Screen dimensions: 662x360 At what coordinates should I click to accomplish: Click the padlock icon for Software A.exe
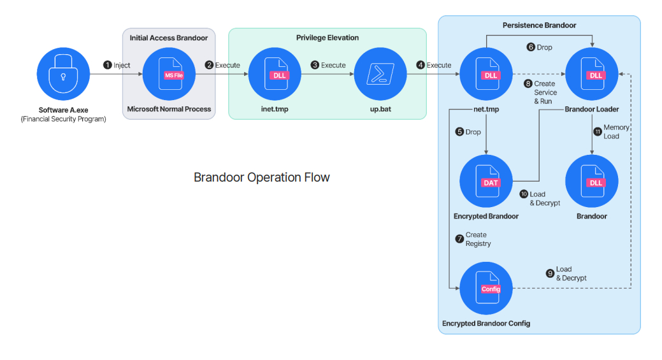pyautogui.click(x=63, y=74)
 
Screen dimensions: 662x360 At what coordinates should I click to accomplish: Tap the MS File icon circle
pyautogui.click(x=169, y=74)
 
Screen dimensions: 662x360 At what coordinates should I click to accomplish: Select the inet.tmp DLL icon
pyautogui.click(x=275, y=74)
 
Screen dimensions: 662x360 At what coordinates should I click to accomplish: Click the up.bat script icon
pyautogui.click(x=380, y=74)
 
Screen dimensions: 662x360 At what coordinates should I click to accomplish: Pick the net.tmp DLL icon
pyautogui.click(x=486, y=74)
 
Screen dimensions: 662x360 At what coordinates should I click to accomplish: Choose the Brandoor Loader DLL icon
pyautogui.click(x=591, y=74)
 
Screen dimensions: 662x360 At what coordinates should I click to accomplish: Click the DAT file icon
pyautogui.click(x=486, y=181)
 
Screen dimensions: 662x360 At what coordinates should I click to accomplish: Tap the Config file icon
pyautogui.click(x=486, y=288)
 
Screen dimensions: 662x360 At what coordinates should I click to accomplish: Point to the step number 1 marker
pyautogui.click(x=107, y=65)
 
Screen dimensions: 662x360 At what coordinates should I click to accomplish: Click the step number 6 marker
pyautogui.click(x=531, y=47)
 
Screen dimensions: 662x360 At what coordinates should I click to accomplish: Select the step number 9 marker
pyautogui.click(x=550, y=273)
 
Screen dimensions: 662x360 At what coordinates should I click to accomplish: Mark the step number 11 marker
pyautogui.click(x=598, y=132)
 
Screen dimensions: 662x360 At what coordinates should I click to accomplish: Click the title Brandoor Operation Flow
pyautogui.click(x=262, y=177)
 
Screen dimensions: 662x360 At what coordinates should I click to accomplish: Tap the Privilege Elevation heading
pyautogui.click(x=327, y=38)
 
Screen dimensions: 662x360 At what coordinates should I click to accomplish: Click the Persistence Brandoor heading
pyautogui.click(x=539, y=25)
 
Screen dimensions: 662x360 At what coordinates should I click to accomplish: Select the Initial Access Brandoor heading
pyautogui.click(x=169, y=38)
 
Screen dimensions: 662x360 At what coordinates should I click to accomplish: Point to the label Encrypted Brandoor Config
pyautogui.click(x=486, y=323)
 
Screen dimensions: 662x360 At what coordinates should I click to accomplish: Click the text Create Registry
pyautogui.click(x=478, y=240)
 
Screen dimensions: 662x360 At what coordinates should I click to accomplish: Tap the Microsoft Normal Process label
pyautogui.click(x=169, y=109)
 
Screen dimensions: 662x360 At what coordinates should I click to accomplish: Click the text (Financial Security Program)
pyautogui.click(x=63, y=119)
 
